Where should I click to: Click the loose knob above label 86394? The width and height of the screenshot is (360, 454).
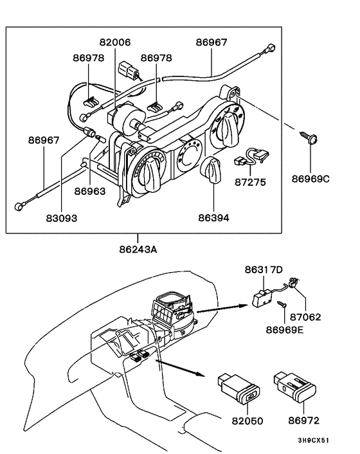[x=212, y=172]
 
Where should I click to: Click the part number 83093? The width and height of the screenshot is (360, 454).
[x=61, y=218]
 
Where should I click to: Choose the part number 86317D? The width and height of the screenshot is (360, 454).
[x=263, y=271]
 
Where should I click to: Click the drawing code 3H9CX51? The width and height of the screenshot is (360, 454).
[x=313, y=442]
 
